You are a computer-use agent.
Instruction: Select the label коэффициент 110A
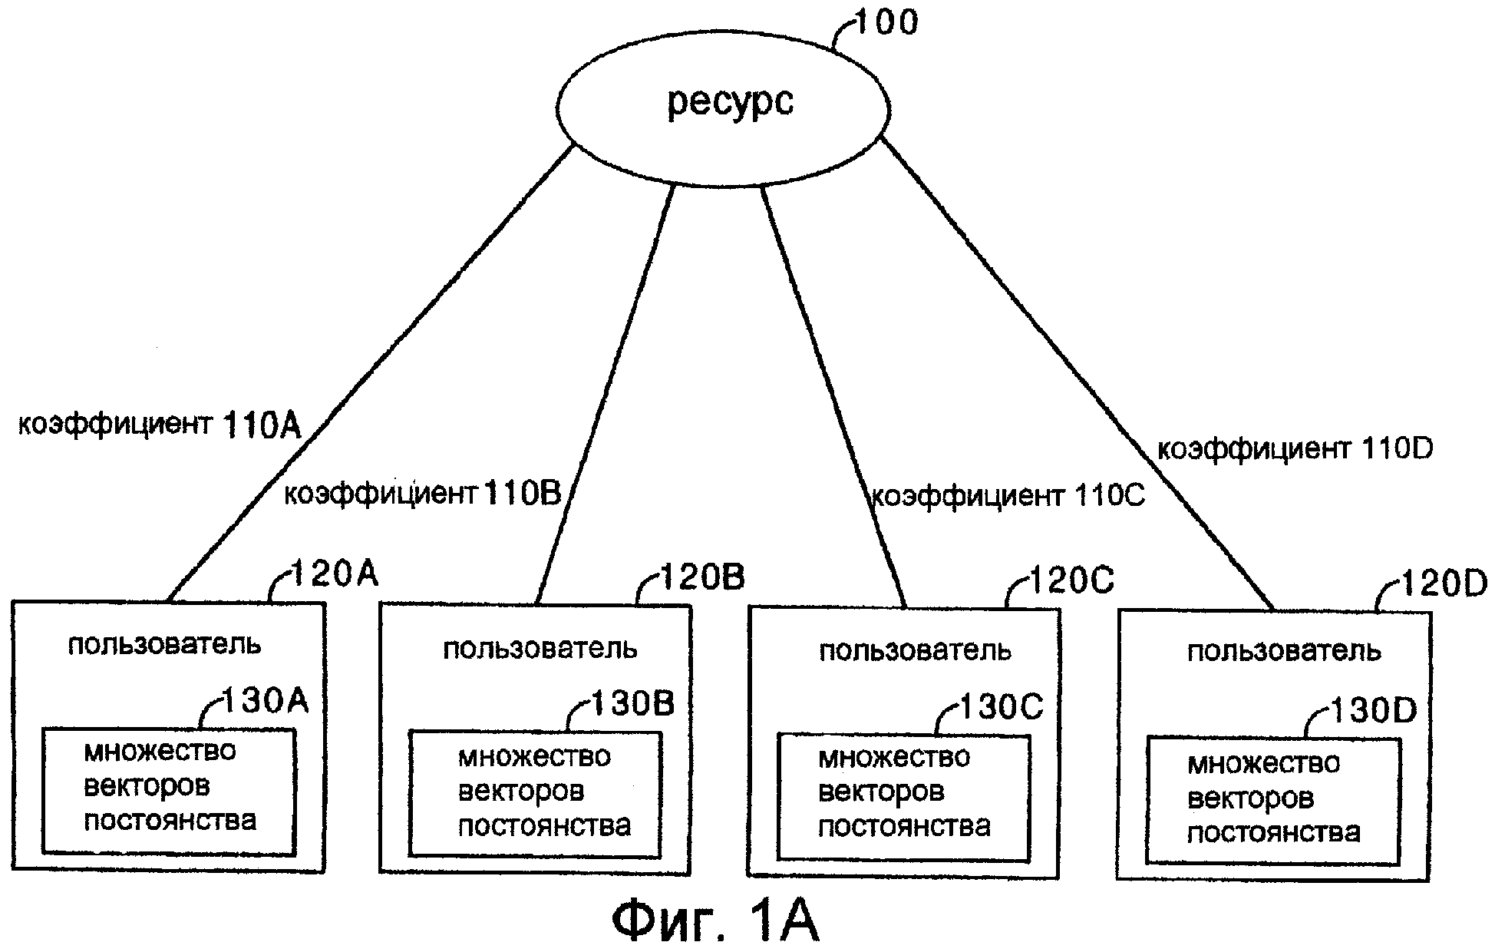160,425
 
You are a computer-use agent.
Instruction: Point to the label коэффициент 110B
423,494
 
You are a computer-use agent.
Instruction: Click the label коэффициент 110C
1008,497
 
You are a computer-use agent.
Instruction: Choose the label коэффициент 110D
1295,449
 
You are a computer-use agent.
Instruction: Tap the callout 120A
335,573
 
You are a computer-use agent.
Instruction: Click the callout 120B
701,577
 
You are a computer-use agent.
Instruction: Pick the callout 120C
1071,581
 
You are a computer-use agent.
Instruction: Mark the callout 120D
1444,584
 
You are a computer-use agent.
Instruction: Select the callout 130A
264,700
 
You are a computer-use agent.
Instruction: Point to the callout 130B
632,703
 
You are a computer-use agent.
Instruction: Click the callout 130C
1001,706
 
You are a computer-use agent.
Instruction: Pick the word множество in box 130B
534,757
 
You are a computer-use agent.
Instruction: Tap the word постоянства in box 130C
904,827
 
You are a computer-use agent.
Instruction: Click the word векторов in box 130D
1250,798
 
